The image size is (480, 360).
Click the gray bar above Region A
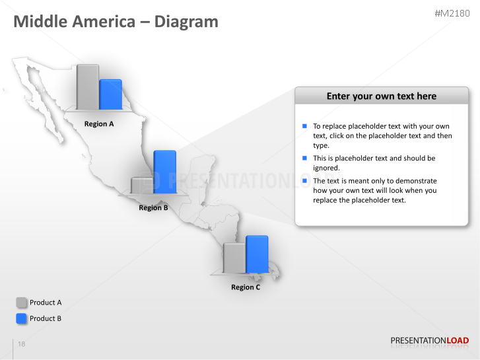click(x=88, y=87)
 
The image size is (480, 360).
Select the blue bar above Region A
click(x=110, y=94)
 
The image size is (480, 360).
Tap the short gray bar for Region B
click(x=142, y=186)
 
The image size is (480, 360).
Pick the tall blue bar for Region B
click(x=165, y=172)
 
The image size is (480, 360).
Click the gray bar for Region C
click(x=234, y=258)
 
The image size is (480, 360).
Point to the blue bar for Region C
click(x=257, y=254)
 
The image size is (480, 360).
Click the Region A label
click(x=99, y=124)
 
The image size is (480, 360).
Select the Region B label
click(x=153, y=207)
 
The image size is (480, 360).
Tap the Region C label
click(x=246, y=287)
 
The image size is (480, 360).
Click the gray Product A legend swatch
click(x=21, y=303)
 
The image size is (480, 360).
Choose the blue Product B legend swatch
click(x=21, y=318)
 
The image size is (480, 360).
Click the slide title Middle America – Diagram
click(x=116, y=21)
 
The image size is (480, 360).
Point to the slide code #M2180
click(x=452, y=13)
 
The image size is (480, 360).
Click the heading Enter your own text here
click(x=382, y=96)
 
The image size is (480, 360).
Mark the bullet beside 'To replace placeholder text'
click(x=304, y=126)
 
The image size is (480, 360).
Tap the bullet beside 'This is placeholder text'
click(x=304, y=158)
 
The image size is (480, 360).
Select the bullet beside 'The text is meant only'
click(x=304, y=180)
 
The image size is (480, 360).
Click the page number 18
click(x=21, y=343)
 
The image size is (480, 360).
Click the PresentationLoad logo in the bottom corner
click(x=429, y=341)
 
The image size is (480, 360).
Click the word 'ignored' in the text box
click(x=326, y=168)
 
